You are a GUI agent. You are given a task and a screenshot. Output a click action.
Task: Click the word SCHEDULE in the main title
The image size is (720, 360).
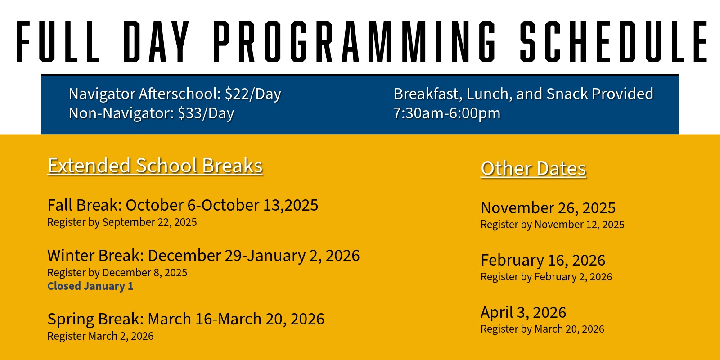pyautogui.click(x=613, y=41)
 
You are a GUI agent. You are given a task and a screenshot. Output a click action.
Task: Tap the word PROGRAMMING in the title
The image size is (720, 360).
pyautogui.click(x=354, y=41)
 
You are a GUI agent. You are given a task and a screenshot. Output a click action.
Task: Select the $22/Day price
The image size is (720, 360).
pyautogui.click(x=253, y=94)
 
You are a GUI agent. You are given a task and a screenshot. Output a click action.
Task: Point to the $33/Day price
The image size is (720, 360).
pyautogui.click(x=206, y=113)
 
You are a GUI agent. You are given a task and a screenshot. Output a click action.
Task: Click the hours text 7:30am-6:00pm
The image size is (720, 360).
pyautogui.click(x=447, y=113)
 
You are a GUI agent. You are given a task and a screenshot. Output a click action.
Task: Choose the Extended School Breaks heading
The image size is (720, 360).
pyautogui.click(x=155, y=166)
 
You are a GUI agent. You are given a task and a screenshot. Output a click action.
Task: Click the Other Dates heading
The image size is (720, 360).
pyautogui.click(x=533, y=168)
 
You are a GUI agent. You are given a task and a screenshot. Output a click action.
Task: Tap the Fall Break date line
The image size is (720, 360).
pyautogui.click(x=183, y=205)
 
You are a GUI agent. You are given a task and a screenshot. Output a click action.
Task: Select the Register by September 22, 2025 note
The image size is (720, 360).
pyautogui.click(x=122, y=222)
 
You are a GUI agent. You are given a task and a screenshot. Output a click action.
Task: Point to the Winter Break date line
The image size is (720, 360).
pyautogui.click(x=203, y=256)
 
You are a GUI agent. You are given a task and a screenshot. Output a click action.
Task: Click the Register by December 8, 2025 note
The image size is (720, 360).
pyautogui.click(x=117, y=273)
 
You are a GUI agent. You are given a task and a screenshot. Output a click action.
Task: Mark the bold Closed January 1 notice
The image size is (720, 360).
pyautogui.click(x=90, y=286)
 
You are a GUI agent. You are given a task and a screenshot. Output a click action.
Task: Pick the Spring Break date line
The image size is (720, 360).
pyautogui.click(x=186, y=319)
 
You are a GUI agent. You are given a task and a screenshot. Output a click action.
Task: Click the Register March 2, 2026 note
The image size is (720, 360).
pyautogui.click(x=100, y=336)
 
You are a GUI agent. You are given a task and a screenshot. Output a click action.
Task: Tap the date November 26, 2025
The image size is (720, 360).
pyautogui.click(x=548, y=207)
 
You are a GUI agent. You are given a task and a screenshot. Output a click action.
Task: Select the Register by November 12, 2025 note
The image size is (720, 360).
pyautogui.click(x=553, y=225)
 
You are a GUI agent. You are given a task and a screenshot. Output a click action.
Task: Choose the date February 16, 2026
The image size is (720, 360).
pyautogui.click(x=543, y=260)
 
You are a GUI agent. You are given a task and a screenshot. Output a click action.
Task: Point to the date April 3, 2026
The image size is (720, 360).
pyautogui.click(x=523, y=312)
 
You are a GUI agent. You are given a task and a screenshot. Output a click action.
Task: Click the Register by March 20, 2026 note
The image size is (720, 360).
pyautogui.click(x=542, y=329)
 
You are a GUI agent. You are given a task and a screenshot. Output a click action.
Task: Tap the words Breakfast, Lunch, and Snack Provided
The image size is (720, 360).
pyautogui.click(x=524, y=94)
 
